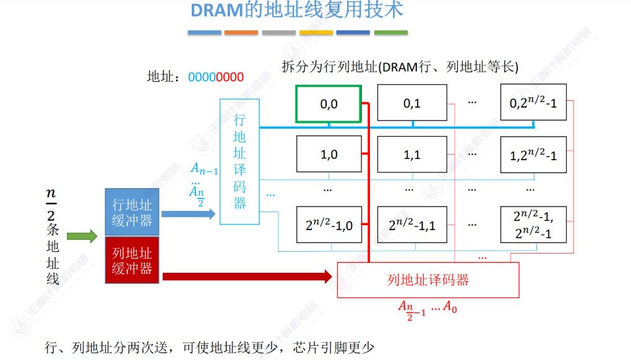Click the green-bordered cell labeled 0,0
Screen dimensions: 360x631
click(x=328, y=104)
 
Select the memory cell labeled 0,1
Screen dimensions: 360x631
click(x=411, y=103)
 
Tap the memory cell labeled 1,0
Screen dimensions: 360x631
click(x=328, y=154)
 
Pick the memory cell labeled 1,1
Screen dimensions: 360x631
click(x=411, y=154)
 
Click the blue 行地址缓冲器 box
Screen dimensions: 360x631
click(x=132, y=212)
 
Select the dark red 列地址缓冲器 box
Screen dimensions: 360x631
click(x=132, y=260)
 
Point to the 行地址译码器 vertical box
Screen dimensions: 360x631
click(x=239, y=161)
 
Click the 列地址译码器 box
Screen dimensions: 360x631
click(x=427, y=280)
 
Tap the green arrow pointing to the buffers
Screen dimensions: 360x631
click(x=82, y=236)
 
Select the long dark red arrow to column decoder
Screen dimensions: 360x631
click(x=247, y=276)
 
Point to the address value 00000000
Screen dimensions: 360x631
click(x=216, y=77)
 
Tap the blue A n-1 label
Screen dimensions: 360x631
click(x=204, y=168)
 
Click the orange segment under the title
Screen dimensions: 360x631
click(x=241, y=32)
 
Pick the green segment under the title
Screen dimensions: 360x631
click(x=391, y=32)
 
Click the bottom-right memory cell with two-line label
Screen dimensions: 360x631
click(x=533, y=225)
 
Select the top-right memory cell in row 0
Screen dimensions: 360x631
click(x=533, y=103)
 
